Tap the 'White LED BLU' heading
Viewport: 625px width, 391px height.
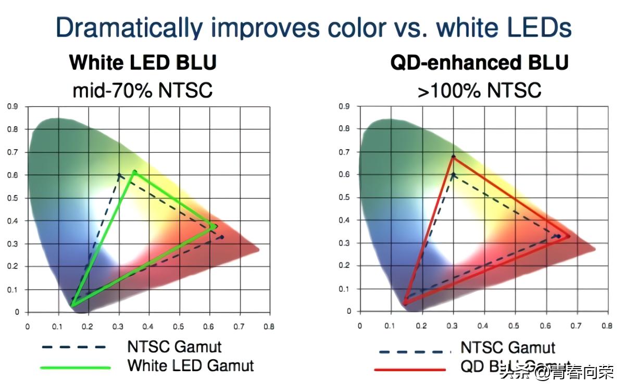[143, 63]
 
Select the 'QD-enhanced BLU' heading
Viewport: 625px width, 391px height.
[479, 63]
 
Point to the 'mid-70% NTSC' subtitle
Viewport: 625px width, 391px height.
[143, 90]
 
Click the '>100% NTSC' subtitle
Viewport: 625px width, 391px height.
[479, 90]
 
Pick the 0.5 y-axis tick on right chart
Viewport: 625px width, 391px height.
[344, 198]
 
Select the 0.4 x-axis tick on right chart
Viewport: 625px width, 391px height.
[484, 325]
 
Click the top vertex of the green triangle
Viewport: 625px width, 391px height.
[135, 172]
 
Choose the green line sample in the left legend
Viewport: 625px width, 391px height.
[76, 367]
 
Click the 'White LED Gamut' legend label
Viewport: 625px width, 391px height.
[191, 365]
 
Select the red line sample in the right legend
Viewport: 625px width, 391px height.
[410, 369]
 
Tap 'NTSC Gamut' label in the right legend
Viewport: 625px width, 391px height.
[508, 347]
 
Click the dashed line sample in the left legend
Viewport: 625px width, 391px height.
[76, 347]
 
